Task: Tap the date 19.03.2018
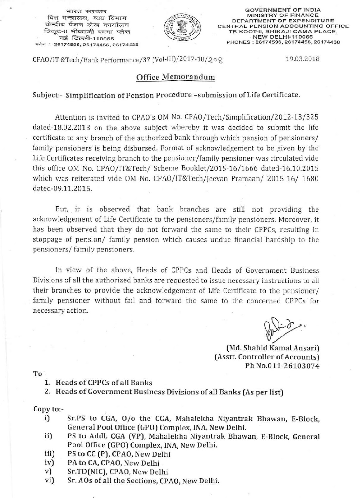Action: (303, 59)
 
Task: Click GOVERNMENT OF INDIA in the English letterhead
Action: (283, 10)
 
